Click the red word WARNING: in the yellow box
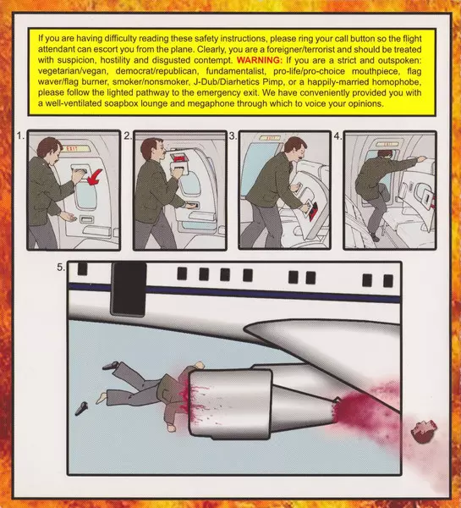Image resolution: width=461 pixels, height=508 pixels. coord(260,60)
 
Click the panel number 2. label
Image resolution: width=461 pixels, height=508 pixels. coord(128,136)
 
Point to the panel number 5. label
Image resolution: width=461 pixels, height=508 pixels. coord(61,268)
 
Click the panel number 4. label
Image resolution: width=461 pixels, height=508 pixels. coord(338,136)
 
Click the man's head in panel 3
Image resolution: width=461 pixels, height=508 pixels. coord(295,148)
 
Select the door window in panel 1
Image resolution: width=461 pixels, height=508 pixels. coord(85,196)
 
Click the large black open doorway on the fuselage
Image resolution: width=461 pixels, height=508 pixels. coord(129,289)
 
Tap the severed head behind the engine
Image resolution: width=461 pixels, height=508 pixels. coord(424,432)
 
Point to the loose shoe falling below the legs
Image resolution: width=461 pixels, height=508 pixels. coord(81,408)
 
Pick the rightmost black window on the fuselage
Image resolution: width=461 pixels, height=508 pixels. coord(388,280)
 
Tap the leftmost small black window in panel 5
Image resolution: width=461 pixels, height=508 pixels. coord(82,269)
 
